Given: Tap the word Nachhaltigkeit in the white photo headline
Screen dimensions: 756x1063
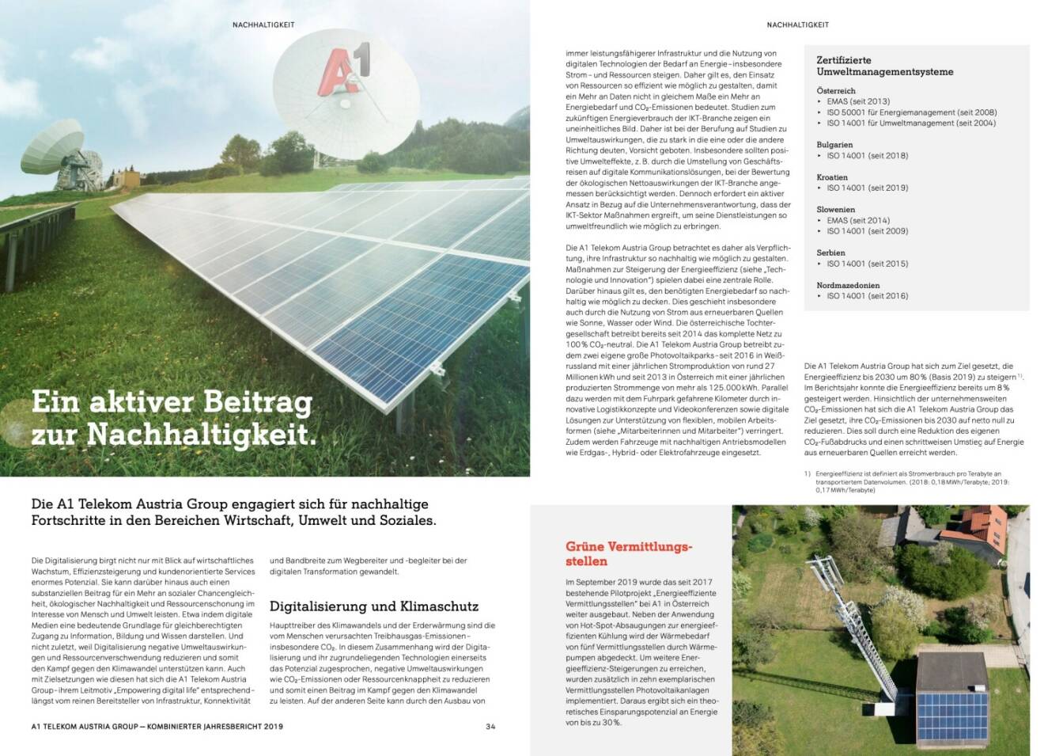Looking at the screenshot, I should pyautogui.click(x=201, y=435).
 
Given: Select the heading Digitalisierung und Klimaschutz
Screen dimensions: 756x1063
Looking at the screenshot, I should pyautogui.click(x=373, y=606).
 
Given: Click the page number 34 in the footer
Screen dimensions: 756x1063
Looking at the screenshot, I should pyautogui.click(x=490, y=726).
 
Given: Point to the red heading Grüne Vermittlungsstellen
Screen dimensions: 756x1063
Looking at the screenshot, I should pyautogui.click(x=628, y=553).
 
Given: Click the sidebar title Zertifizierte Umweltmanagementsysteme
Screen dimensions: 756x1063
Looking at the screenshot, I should pyautogui.click(x=884, y=66).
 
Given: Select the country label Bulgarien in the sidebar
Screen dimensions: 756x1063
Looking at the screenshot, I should pyautogui.click(x=834, y=145).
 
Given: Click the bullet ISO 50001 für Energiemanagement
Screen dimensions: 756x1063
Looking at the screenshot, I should pyautogui.click(x=911, y=112).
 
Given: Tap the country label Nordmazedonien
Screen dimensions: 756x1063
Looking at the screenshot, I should pyautogui.click(x=848, y=285).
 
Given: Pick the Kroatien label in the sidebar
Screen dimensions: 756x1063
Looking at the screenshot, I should pyautogui.click(x=832, y=177).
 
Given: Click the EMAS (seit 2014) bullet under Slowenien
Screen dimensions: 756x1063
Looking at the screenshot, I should pyautogui.click(x=857, y=220).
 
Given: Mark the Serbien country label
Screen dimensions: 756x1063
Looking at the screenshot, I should pyautogui.click(x=830, y=253).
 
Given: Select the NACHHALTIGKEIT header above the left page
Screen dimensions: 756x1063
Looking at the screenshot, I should pyautogui.click(x=263, y=25).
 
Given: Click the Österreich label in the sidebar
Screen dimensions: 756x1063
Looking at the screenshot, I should pyautogui.click(x=835, y=91).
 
